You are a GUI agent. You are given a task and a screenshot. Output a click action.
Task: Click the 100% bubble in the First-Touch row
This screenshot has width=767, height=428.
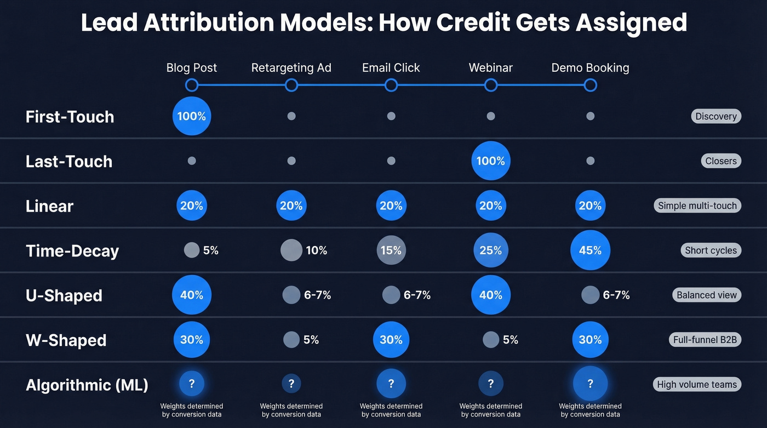[x=192, y=116]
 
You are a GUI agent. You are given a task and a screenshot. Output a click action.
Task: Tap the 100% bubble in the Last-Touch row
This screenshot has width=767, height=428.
[x=490, y=161]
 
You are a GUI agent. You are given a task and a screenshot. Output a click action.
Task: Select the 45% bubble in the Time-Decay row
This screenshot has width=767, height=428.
[x=590, y=250]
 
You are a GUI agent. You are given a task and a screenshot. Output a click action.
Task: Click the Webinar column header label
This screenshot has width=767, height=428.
[x=490, y=68]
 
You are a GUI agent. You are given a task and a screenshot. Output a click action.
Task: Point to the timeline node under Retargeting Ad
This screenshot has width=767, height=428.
[x=291, y=85]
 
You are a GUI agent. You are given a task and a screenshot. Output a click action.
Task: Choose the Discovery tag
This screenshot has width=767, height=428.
[x=716, y=116]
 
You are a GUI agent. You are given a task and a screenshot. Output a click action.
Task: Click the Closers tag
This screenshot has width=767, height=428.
[x=720, y=161]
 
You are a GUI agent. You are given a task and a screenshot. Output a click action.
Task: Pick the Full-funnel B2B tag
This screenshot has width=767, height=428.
[x=705, y=340]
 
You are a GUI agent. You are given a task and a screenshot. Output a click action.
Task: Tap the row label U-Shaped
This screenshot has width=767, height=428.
[x=64, y=295]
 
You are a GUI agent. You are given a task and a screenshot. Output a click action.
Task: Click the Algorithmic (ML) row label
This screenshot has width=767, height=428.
[x=87, y=385]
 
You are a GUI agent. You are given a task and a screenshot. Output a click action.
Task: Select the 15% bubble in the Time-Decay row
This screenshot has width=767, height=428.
[x=391, y=250]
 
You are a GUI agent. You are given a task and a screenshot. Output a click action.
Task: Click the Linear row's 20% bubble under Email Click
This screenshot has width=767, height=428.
[x=391, y=206]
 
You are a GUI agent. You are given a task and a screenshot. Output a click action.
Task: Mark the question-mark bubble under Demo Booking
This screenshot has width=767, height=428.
[x=590, y=384]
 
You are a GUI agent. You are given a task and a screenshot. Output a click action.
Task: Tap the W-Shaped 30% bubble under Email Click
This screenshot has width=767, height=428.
[x=391, y=340]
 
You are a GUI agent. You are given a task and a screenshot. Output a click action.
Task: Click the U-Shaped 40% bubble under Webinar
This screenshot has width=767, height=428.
[x=490, y=295]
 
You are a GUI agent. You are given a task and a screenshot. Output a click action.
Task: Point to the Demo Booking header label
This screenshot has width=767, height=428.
[x=590, y=68]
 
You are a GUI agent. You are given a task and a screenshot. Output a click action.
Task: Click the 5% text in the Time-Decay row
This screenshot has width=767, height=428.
[x=210, y=250]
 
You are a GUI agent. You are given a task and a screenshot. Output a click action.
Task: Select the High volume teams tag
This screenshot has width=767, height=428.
[x=697, y=385]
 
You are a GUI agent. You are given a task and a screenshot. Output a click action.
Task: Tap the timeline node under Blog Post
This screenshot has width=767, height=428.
[x=192, y=85]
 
